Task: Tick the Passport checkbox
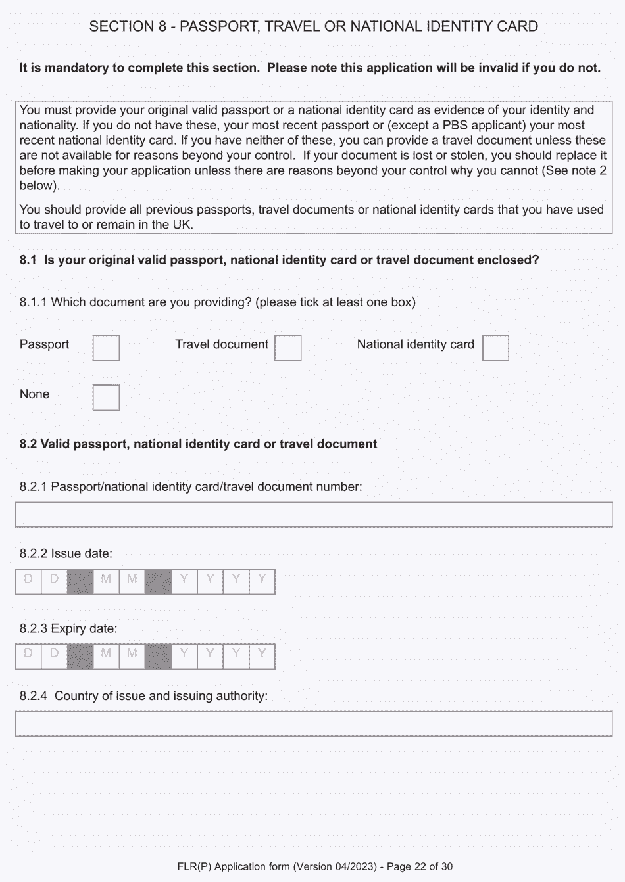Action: pyautogui.click(x=106, y=348)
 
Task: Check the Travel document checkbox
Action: pyautogui.click(x=287, y=348)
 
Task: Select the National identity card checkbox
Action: pyautogui.click(x=495, y=348)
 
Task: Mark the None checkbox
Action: pyautogui.click(x=106, y=398)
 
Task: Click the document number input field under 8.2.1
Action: pyautogui.click(x=314, y=515)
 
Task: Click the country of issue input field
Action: pyautogui.click(x=314, y=724)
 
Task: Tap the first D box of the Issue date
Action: pyautogui.click(x=28, y=582)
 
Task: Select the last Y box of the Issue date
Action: pyautogui.click(x=262, y=582)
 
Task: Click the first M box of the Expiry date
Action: pyautogui.click(x=106, y=657)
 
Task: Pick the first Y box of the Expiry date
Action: pyautogui.click(x=184, y=657)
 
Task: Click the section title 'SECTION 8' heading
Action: pyautogui.click(x=314, y=26)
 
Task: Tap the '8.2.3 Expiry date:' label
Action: pyautogui.click(x=68, y=628)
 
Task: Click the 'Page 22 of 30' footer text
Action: pyautogui.click(x=420, y=866)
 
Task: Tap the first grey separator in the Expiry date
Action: pyautogui.click(x=80, y=657)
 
